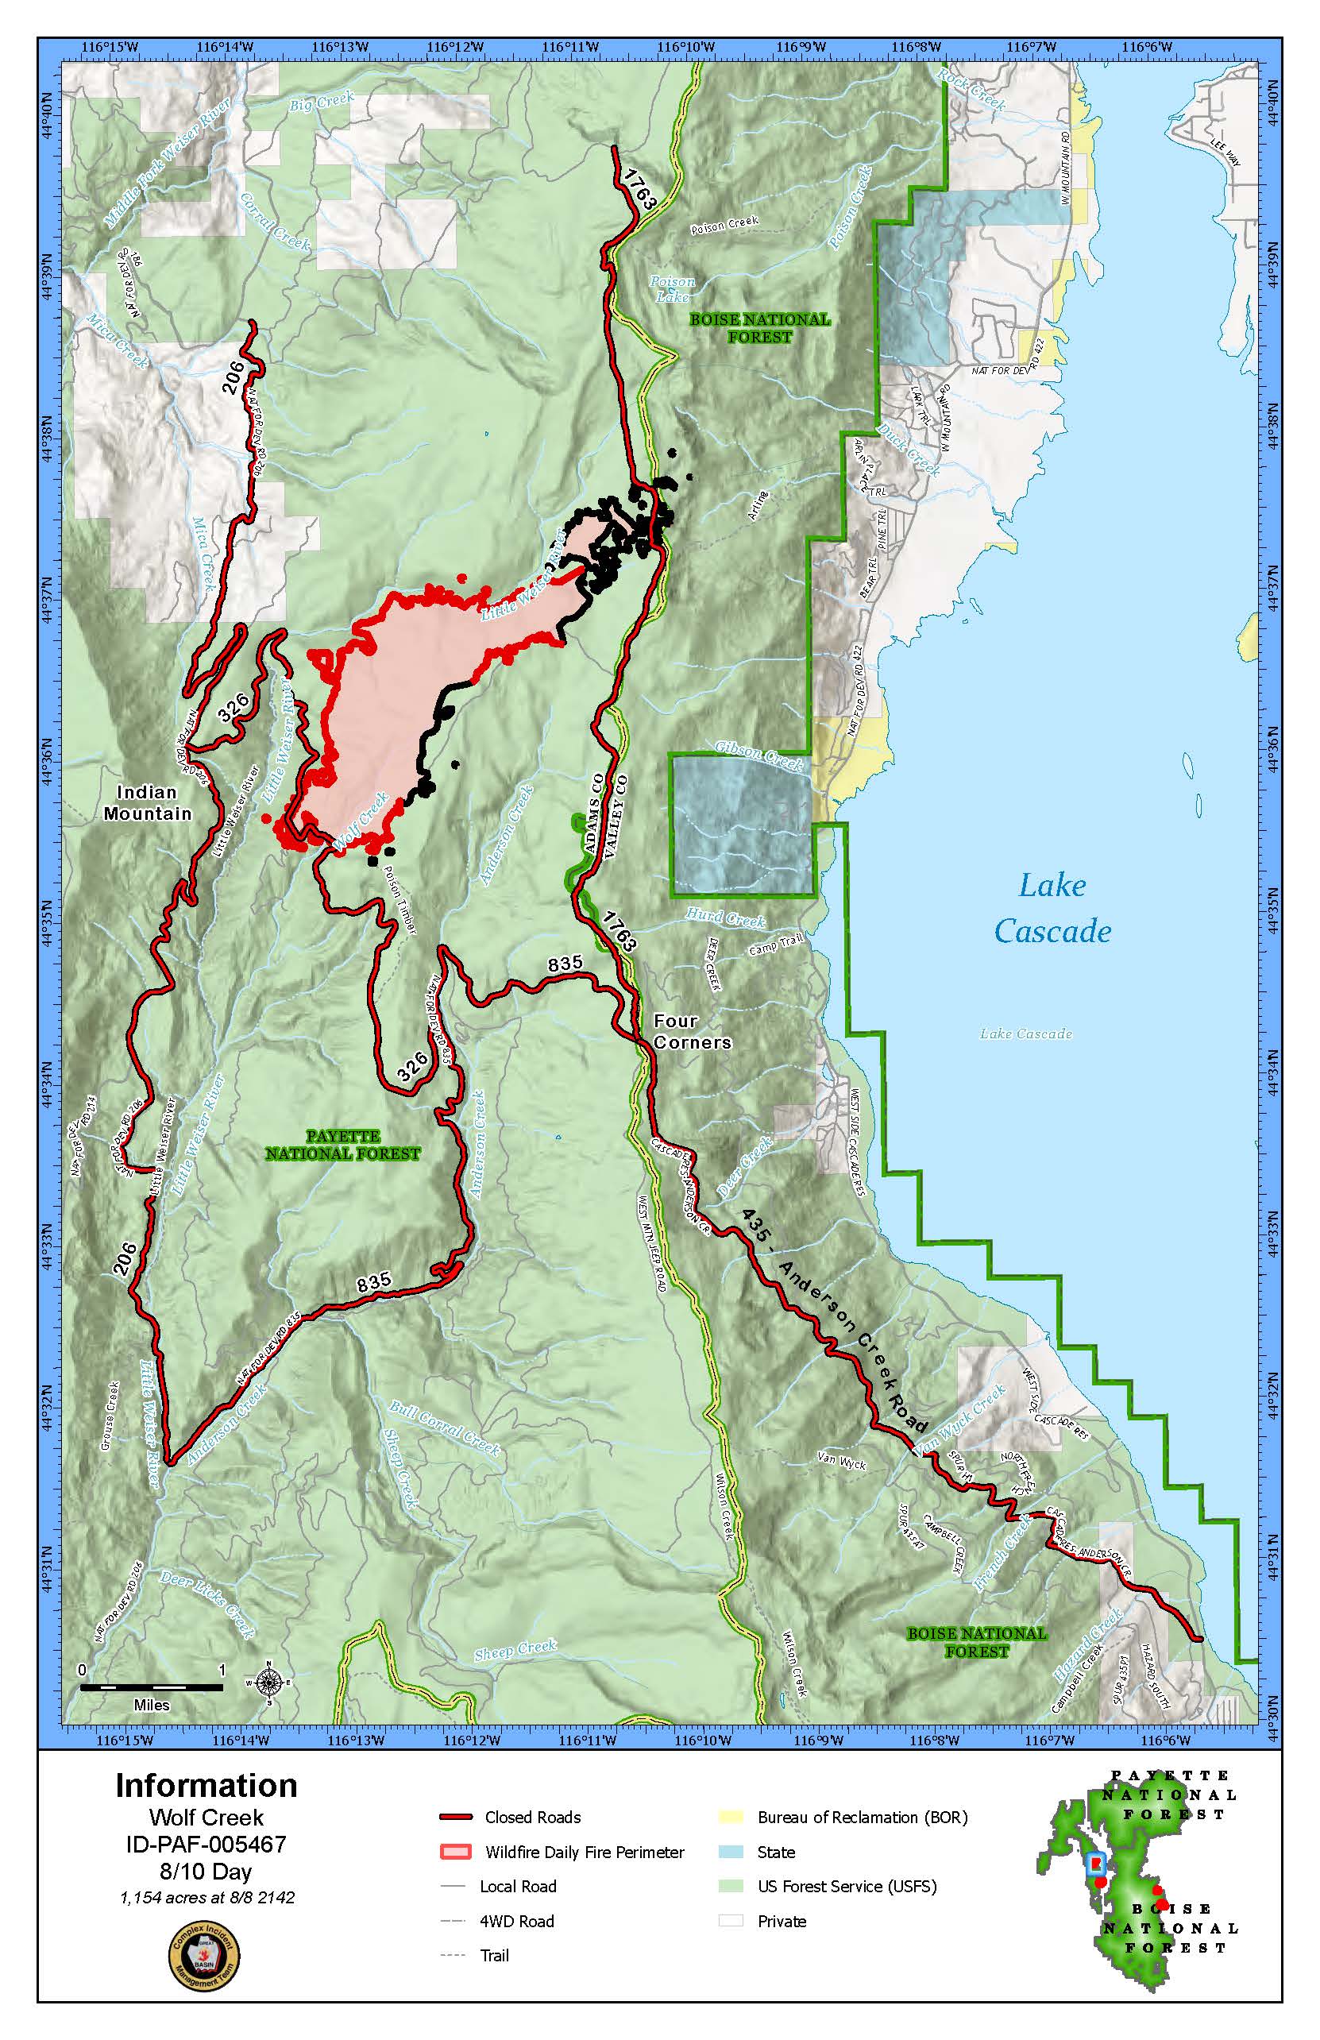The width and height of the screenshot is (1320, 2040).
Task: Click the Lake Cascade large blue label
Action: click(x=1052, y=909)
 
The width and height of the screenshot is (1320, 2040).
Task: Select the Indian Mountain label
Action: click(x=148, y=803)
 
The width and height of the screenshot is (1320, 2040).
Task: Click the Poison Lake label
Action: click(x=672, y=289)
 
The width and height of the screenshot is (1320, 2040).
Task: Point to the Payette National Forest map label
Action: click(x=343, y=1146)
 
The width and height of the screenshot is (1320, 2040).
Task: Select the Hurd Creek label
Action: click(x=725, y=919)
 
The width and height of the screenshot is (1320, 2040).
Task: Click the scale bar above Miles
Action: click(x=152, y=1686)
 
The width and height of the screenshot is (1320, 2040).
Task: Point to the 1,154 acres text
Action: click(x=206, y=1898)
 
